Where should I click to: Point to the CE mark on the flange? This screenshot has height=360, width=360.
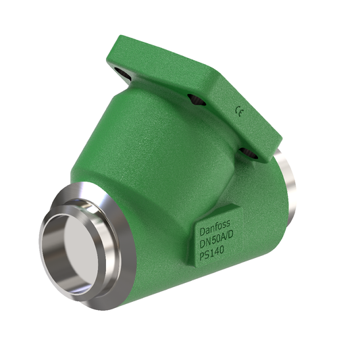coord(238,109)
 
